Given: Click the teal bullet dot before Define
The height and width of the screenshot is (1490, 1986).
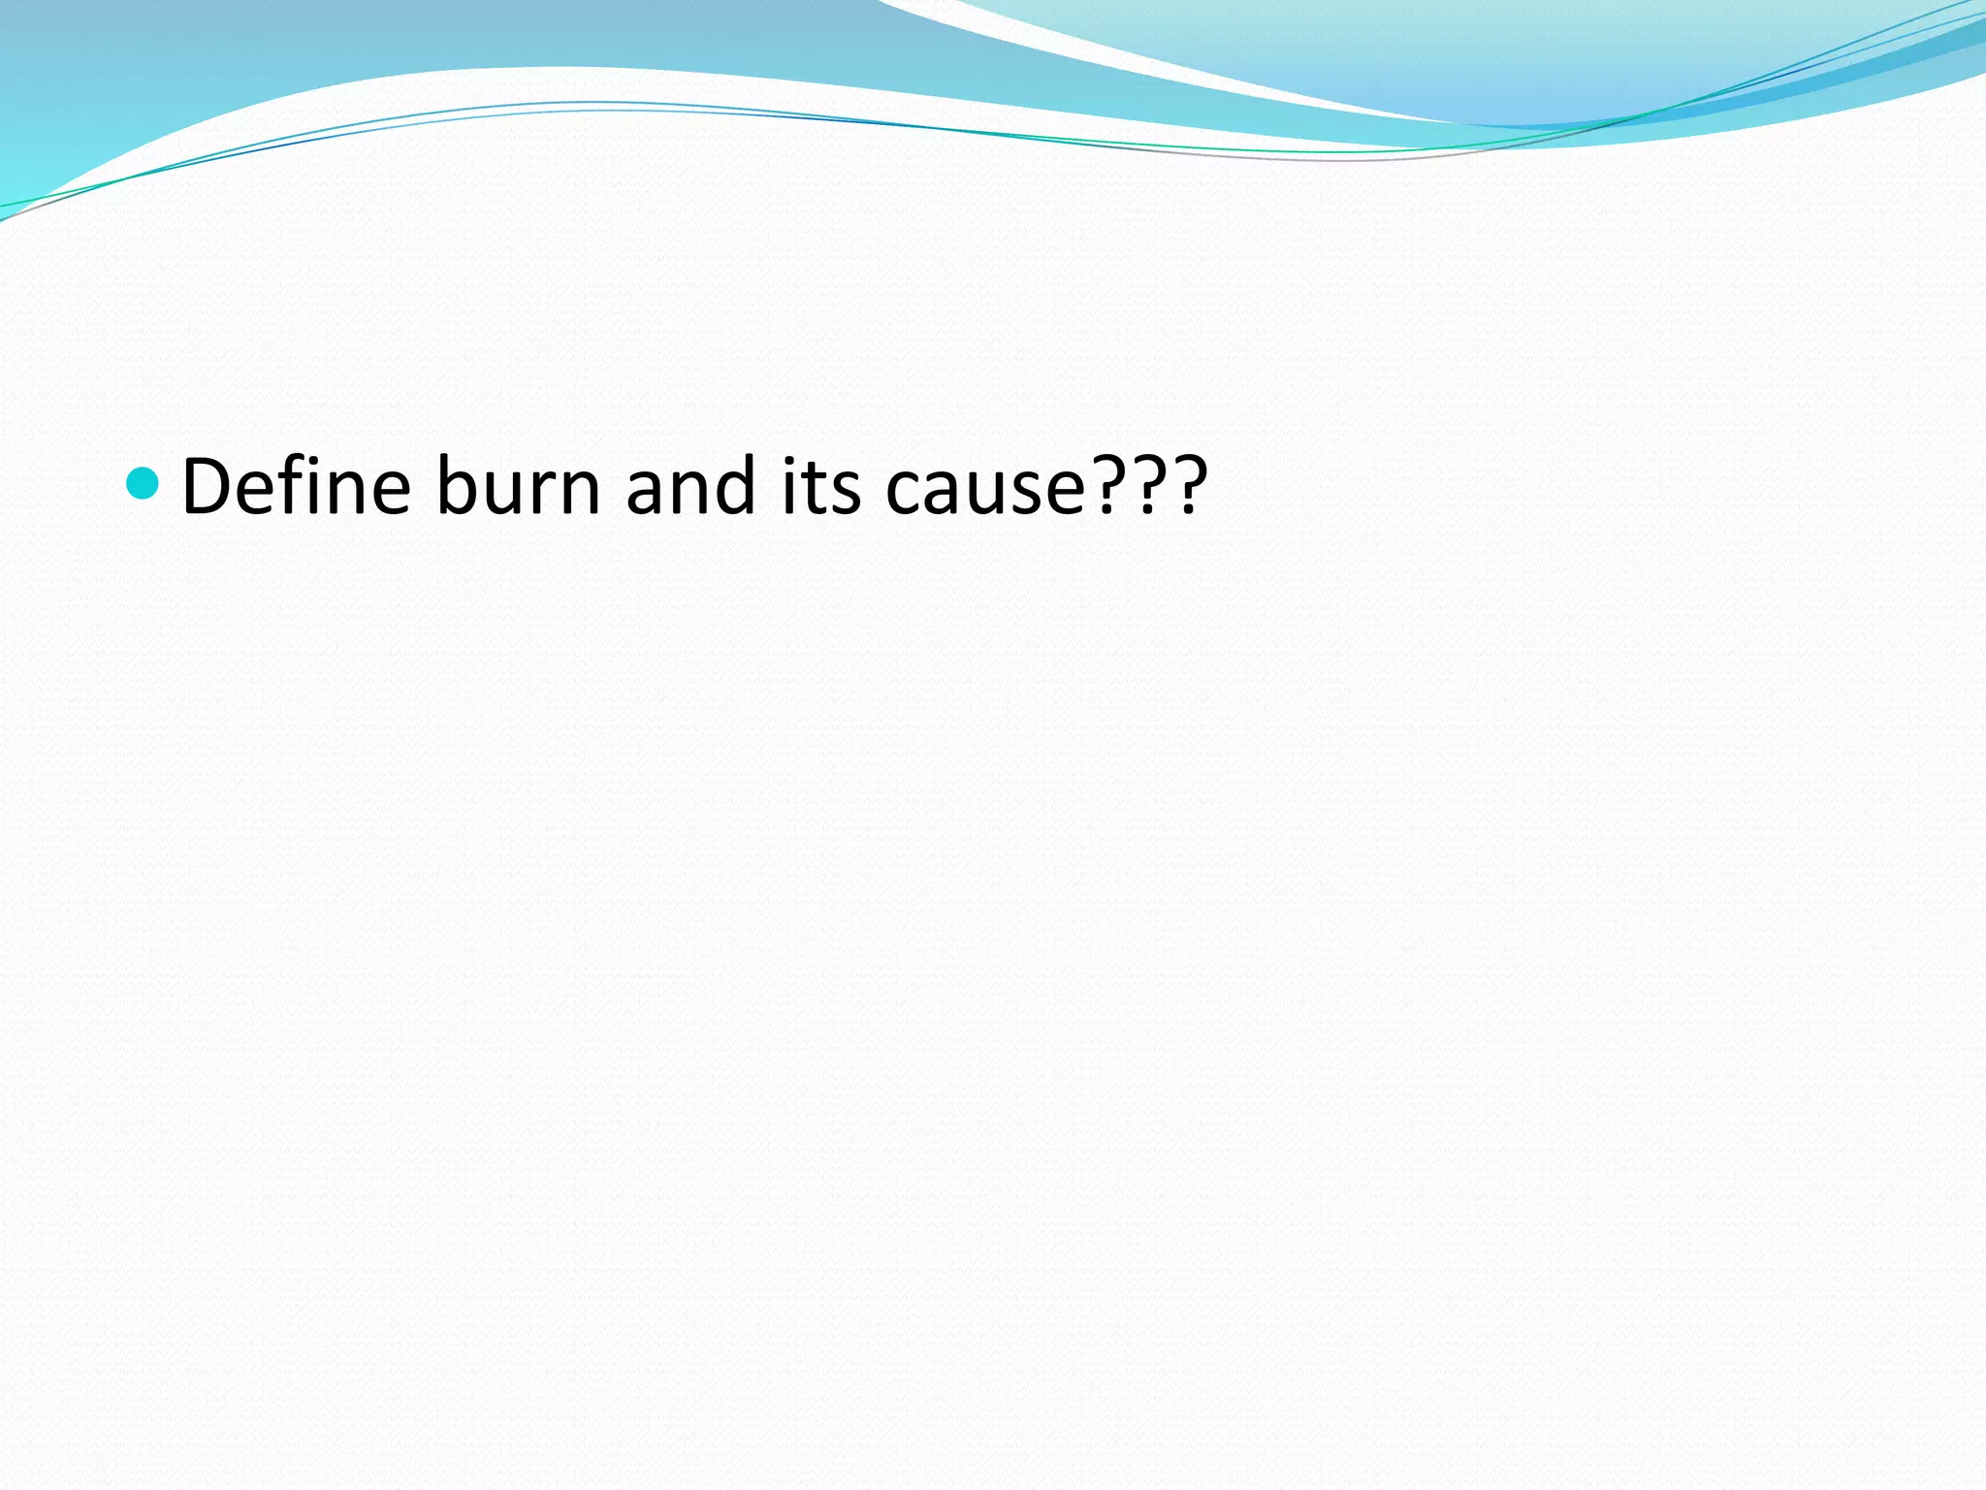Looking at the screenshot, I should tap(143, 482).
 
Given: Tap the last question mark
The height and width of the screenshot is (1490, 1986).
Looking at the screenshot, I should tap(1189, 485).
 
